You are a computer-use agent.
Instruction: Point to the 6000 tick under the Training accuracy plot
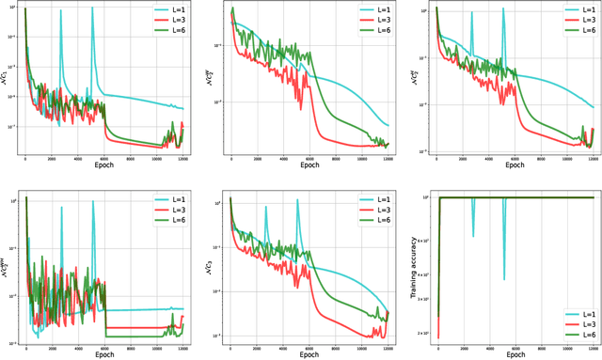(x=515, y=346)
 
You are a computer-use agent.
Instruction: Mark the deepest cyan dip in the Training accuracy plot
(x=504, y=278)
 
